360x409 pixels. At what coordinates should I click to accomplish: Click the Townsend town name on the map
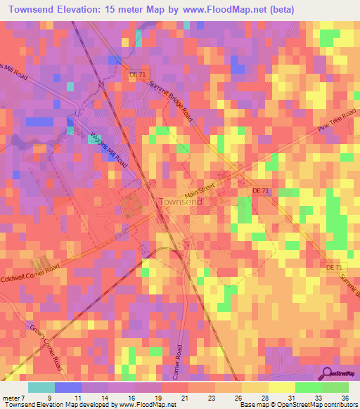point(181,202)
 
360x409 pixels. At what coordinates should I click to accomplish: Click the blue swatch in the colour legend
point(68,387)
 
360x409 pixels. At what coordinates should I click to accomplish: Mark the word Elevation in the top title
point(83,9)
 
